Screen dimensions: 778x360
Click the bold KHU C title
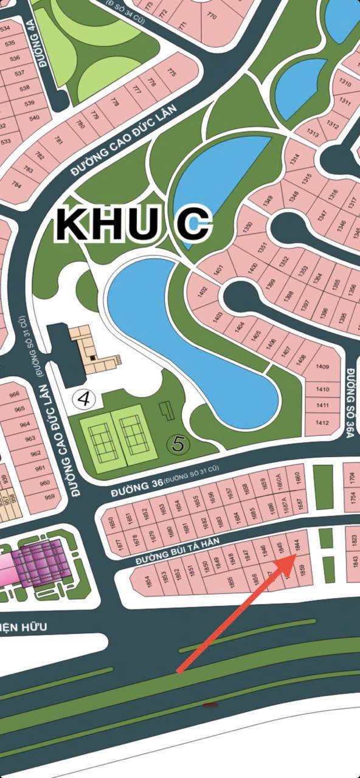click(134, 225)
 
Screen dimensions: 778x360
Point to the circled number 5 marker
click(178, 444)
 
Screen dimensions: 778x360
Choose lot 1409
click(322, 367)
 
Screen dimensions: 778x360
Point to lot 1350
click(247, 228)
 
